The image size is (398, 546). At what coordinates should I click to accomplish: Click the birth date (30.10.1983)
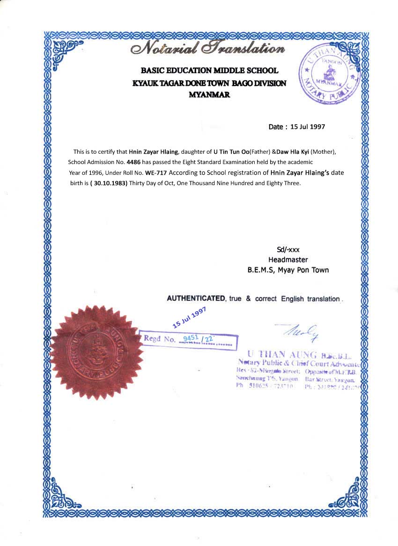(109, 183)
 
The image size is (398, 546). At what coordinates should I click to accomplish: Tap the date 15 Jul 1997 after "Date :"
(308, 127)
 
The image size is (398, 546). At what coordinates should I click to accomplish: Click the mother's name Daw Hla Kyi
(293, 152)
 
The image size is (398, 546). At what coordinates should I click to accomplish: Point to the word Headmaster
(288, 260)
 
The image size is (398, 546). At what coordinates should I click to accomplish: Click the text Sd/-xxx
(288, 249)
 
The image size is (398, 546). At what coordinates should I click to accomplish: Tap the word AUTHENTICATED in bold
(196, 299)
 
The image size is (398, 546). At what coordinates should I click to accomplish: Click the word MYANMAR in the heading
(209, 94)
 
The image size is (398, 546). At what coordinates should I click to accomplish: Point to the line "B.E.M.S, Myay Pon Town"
(288, 270)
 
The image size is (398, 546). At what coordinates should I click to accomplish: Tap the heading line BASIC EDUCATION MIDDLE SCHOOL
(209, 71)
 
